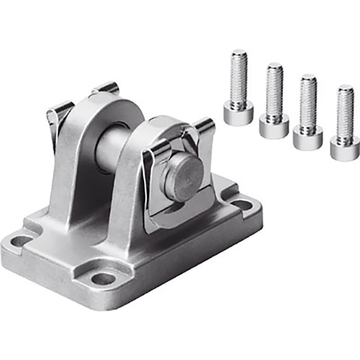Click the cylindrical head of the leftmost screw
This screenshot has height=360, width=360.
tap(238, 112)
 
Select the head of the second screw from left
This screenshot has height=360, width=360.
tap(274, 125)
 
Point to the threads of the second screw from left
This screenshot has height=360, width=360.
tap(274, 91)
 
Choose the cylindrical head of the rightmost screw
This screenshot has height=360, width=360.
tap(345, 148)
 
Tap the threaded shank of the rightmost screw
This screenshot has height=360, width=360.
tap(345, 114)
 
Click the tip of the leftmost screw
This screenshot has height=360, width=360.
tap(239, 53)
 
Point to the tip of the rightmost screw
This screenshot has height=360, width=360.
tap(345, 89)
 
